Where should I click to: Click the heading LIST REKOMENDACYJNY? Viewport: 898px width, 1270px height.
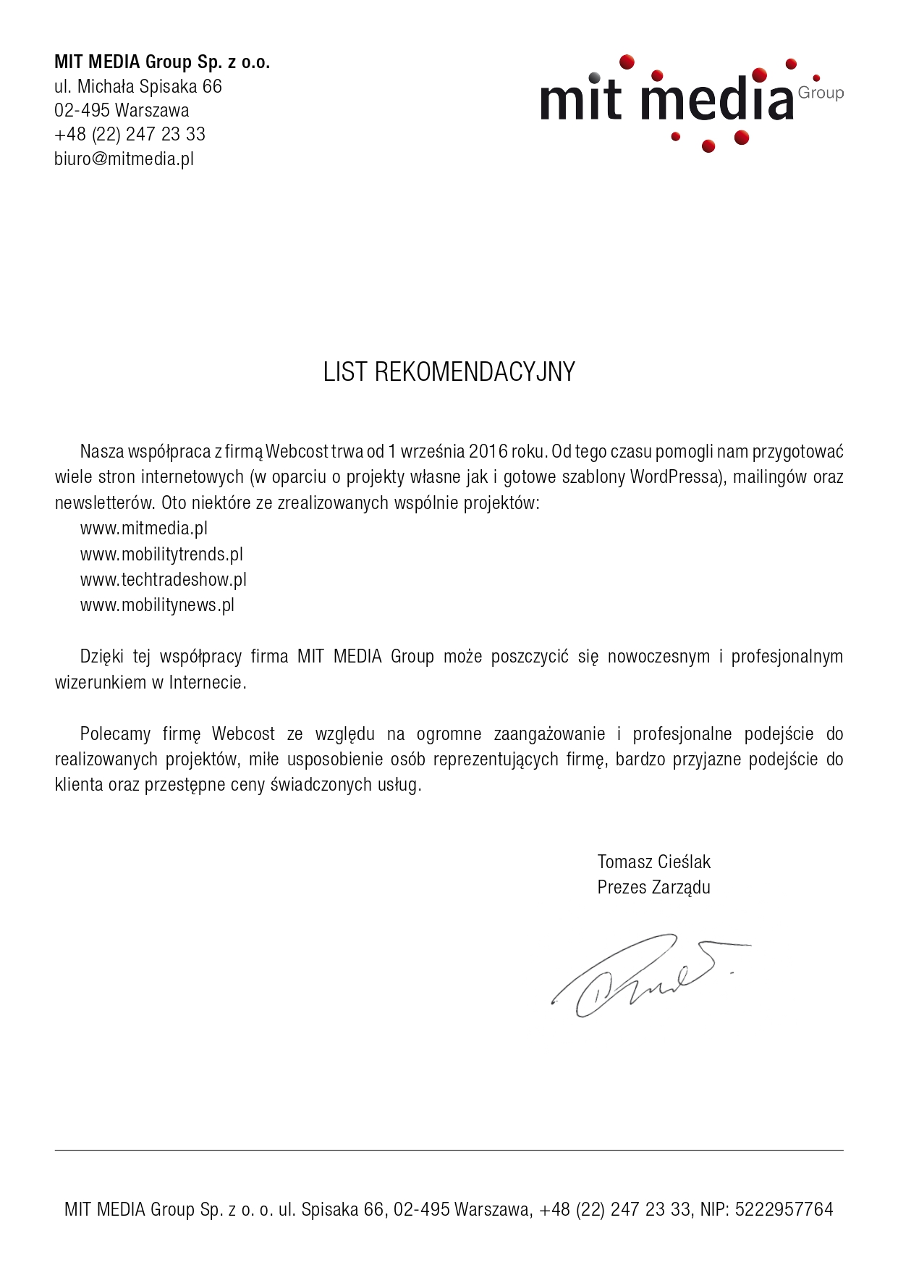[449, 372]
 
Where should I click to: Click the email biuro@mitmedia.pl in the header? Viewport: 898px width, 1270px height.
[124, 159]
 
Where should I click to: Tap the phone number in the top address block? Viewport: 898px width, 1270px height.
[130, 135]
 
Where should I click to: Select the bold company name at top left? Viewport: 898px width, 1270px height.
[162, 62]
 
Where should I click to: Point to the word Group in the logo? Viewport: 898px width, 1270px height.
[821, 93]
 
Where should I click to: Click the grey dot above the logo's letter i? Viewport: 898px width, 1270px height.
[594, 77]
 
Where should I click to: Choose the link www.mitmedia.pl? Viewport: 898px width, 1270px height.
[144, 529]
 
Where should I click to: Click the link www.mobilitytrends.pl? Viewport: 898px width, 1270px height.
[161, 555]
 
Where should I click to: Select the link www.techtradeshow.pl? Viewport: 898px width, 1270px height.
[164, 580]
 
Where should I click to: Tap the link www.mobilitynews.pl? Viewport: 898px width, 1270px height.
[157, 605]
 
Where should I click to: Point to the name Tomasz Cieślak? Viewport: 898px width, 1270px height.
[653, 862]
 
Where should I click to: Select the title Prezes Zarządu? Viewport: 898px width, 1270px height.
[653, 888]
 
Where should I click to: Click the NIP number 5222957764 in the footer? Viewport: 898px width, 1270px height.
[784, 1209]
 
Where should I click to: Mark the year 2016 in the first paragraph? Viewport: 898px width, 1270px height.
[488, 452]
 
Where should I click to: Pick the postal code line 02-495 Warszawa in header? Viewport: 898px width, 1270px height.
[122, 111]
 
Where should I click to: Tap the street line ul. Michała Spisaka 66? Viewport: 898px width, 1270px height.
[138, 87]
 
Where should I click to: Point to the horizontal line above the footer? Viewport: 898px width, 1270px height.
[449, 1150]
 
